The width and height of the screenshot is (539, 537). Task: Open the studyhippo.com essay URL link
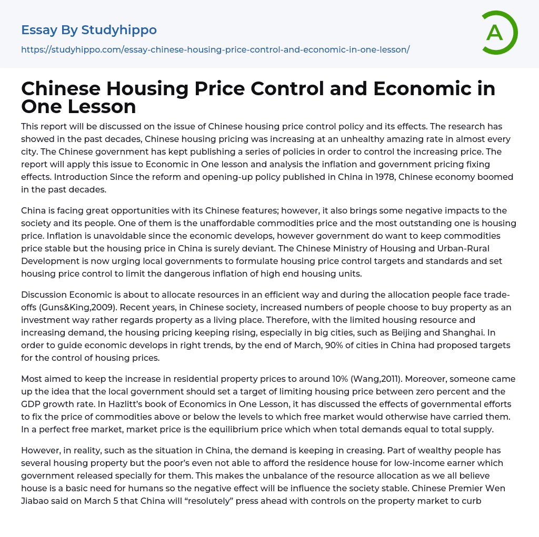[x=215, y=49]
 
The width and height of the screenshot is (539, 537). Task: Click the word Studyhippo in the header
[x=119, y=30]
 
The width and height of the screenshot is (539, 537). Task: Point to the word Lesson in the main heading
[x=98, y=106]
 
